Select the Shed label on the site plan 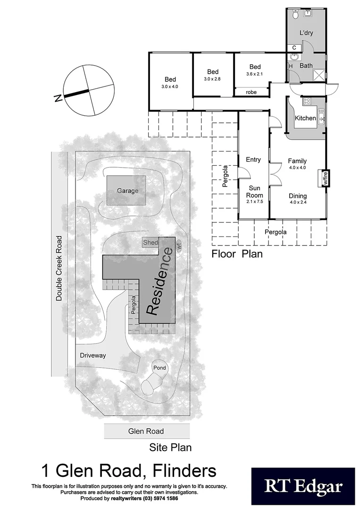[x=151, y=242]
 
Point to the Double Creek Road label [x=59, y=268]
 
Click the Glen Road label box [x=146, y=431]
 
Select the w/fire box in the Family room [x=325, y=178]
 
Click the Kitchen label [x=305, y=118]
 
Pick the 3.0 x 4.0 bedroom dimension [x=170, y=87]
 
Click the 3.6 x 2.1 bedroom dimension [x=255, y=74]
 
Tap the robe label [x=251, y=92]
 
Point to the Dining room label [x=297, y=196]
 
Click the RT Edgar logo [x=302, y=486]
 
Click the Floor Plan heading [x=237, y=254]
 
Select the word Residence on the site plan [x=159, y=282]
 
